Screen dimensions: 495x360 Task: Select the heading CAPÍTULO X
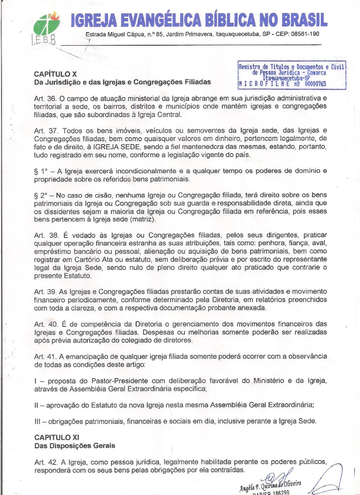pyautogui.click(x=55, y=74)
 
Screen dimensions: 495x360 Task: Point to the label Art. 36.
pyautogui.click(x=43, y=99)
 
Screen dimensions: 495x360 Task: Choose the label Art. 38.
pyautogui.click(x=43, y=235)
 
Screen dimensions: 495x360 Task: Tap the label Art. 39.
pyautogui.click(x=43, y=291)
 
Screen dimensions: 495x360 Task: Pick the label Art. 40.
pyautogui.click(x=43, y=324)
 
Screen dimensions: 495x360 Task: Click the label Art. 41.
pyautogui.click(x=43, y=356)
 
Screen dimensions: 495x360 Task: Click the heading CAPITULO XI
pyautogui.click(x=57, y=437)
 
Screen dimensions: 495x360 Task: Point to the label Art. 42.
pyautogui.click(x=43, y=462)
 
